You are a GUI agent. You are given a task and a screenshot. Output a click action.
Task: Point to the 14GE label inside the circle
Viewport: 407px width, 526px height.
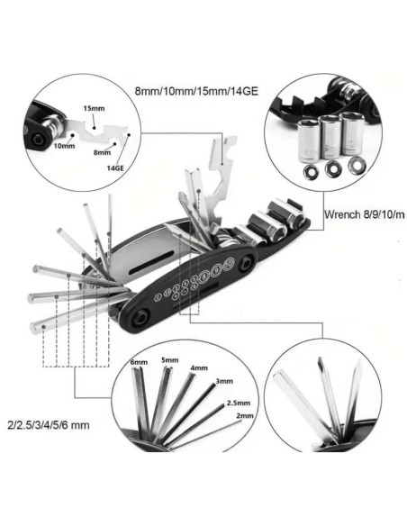116,168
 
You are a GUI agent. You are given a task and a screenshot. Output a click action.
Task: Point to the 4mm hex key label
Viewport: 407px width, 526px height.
199,368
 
